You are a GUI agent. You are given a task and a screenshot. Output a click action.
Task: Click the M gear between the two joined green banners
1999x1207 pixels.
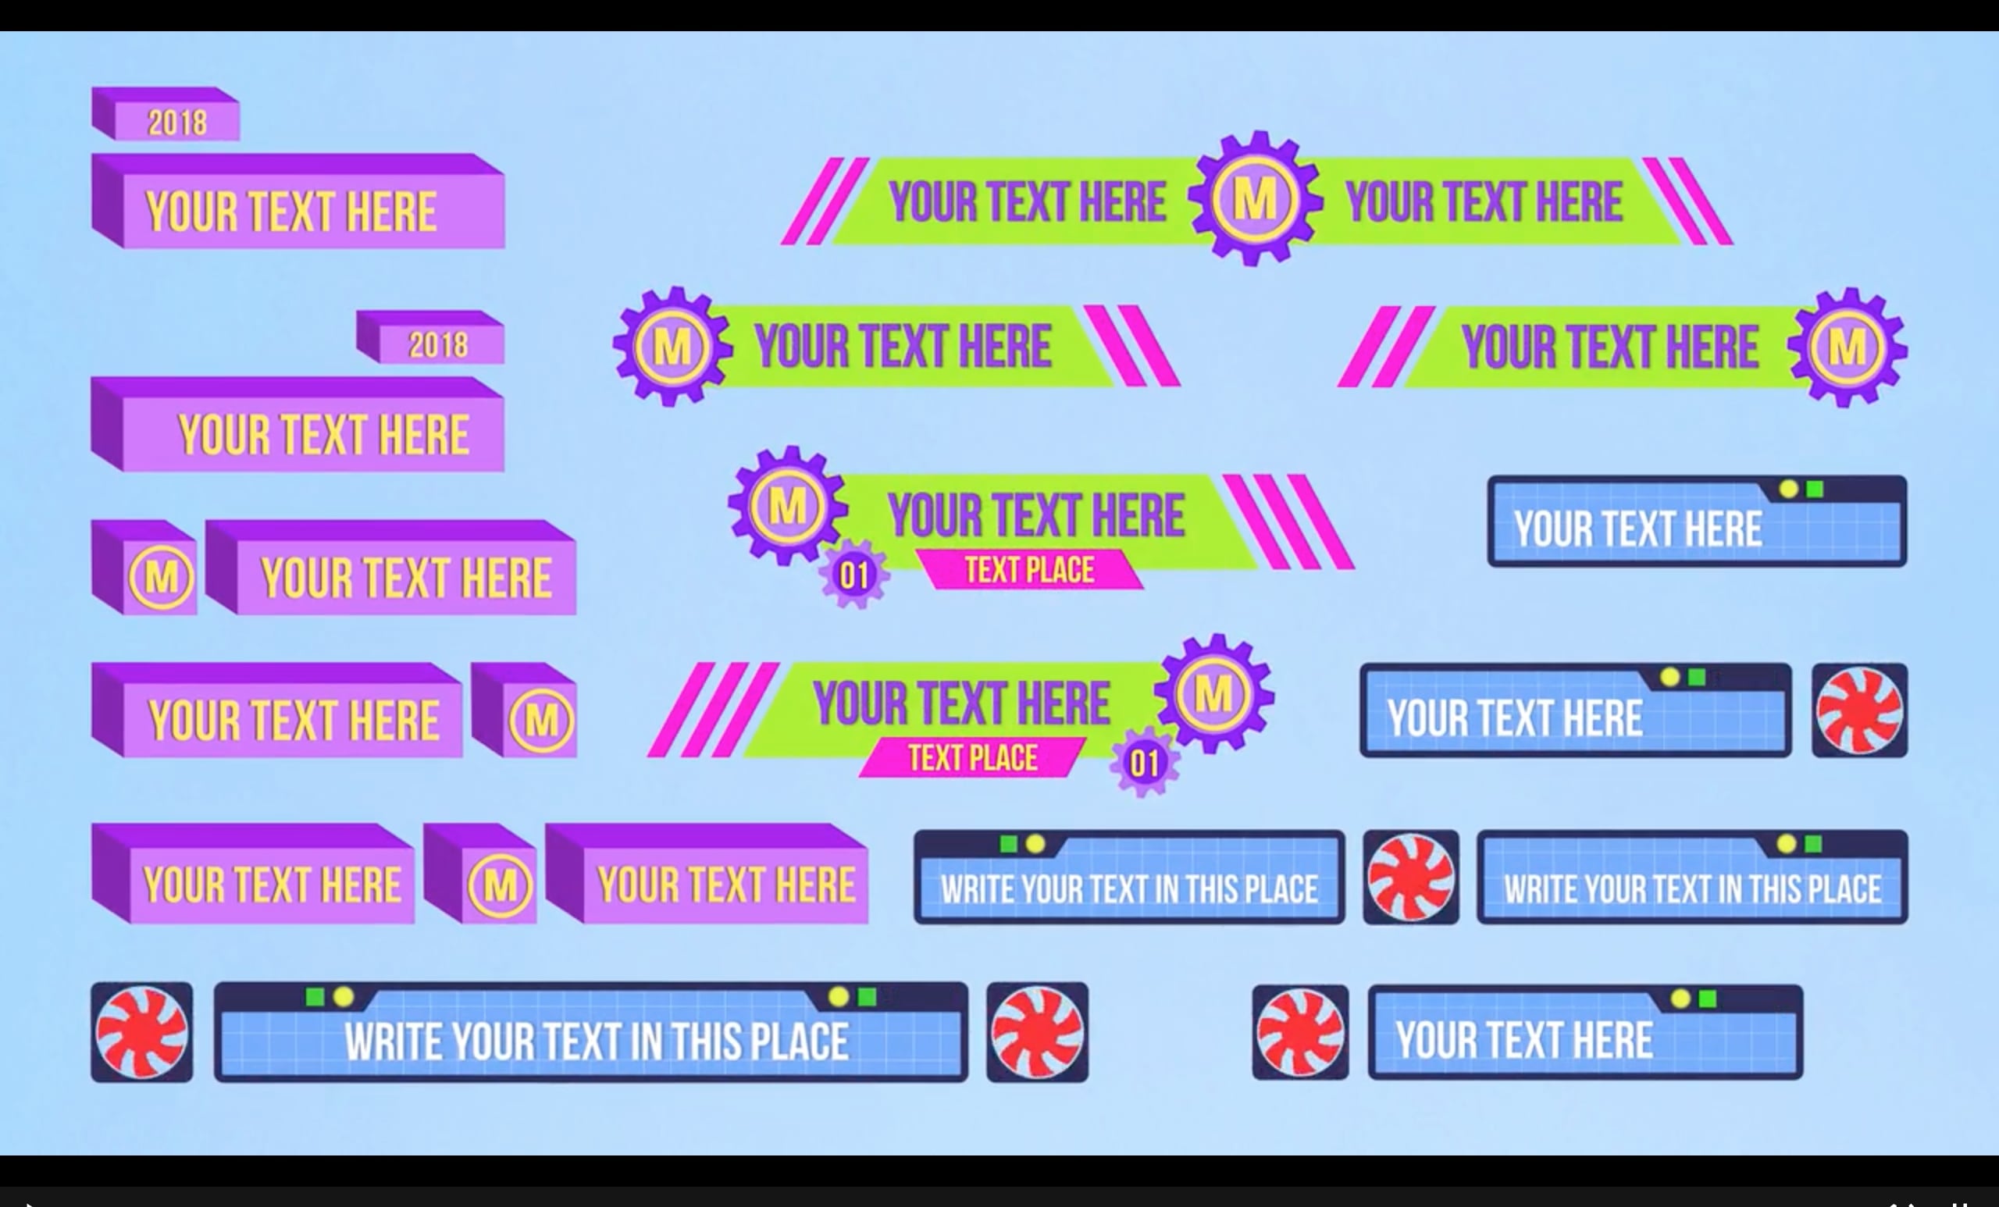(x=1255, y=198)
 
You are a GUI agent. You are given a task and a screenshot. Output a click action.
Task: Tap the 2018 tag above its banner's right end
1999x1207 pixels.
(x=430, y=336)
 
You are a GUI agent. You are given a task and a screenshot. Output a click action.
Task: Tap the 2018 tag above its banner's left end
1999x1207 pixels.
(x=166, y=113)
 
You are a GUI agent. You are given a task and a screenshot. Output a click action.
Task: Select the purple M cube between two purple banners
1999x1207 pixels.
(x=480, y=874)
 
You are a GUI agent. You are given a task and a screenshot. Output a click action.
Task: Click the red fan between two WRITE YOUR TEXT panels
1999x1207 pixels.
(x=1411, y=877)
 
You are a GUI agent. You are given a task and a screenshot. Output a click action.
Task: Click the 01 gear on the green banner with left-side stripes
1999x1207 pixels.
(x=1144, y=763)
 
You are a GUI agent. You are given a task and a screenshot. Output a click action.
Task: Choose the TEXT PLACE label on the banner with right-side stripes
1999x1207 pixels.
(x=1028, y=570)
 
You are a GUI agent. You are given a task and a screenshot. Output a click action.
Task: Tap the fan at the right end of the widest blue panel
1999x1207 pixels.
(x=1038, y=1033)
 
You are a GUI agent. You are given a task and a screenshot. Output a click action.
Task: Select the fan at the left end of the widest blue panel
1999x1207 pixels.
(x=142, y=1033)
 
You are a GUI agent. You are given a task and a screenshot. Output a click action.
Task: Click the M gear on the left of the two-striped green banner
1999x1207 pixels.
(x=672, y=347)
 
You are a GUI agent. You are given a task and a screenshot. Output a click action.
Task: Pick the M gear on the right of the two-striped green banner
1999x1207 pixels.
(x=1848, y=347)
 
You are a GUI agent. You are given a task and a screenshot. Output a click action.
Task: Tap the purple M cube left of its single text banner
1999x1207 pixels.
(x=144, y=567)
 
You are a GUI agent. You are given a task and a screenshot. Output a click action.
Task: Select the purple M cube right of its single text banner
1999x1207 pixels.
(x=524, y=710)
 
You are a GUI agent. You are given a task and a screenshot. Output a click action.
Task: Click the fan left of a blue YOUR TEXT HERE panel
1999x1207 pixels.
(x=1300, y=1033)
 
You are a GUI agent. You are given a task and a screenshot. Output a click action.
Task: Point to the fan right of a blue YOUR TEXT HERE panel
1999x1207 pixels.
(x=1859, y=710)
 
